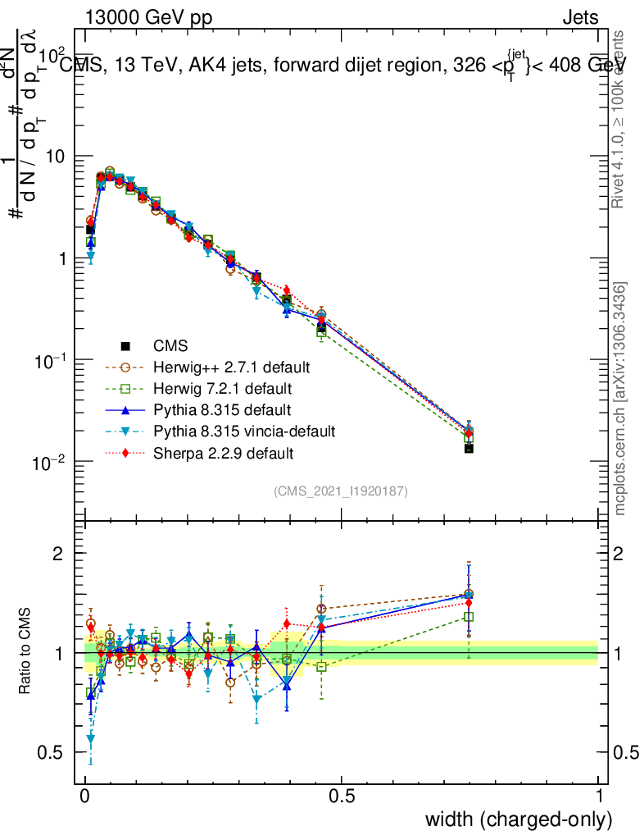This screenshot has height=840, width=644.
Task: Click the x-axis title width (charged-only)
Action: [519, 819]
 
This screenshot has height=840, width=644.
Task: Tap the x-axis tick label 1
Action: [599, 796]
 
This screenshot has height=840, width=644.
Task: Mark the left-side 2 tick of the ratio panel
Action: [58, 554]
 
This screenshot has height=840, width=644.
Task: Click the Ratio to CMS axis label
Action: [26, 652]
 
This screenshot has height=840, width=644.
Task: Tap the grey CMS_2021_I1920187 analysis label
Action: [341, 491]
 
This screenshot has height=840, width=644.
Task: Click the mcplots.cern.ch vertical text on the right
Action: [621, 399]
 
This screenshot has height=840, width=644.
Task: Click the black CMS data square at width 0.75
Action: [469, 448]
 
